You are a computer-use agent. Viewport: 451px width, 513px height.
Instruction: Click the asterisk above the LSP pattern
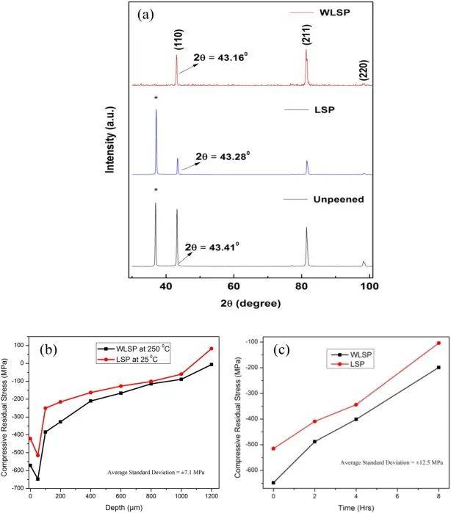(156, 98)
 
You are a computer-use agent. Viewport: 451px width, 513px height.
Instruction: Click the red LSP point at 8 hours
(438, 343)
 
